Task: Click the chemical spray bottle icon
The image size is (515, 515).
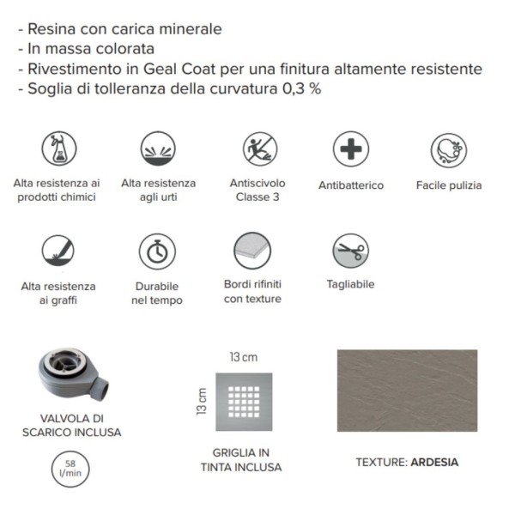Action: coord(59,148)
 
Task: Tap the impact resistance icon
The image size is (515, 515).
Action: coord(158,148)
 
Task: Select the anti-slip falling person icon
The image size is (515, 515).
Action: coord(260,148)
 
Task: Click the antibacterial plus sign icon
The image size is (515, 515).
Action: coord(351,148)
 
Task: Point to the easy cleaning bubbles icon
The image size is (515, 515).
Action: coord(449,150)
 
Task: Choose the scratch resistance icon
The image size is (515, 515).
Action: coord(58,251)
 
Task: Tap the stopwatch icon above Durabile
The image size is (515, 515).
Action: coord(157,251)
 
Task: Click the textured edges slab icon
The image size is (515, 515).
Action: coord(252,251)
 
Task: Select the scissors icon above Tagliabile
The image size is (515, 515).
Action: coord(350,251)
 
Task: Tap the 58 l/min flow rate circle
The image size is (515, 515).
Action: coord(70,469)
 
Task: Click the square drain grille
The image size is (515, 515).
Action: coord(244,402)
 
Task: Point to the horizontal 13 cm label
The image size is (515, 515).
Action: coord(244,357)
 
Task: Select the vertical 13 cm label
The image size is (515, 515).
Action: coord(202,402)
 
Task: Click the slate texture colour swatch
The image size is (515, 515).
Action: coord(407,391)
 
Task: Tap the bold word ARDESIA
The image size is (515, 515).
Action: coord(434,462)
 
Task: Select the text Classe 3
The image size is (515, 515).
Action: coord(257,197)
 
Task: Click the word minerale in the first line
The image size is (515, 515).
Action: coord(191,29)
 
